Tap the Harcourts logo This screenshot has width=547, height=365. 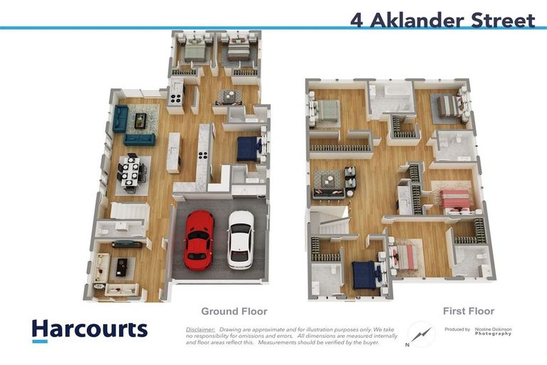(89, 329)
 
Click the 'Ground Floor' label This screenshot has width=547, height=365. (234, 311)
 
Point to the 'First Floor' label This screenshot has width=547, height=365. (468, 311)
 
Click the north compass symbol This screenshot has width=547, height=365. (421, 334)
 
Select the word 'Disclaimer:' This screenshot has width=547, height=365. (201, 329)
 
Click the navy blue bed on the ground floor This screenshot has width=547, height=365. (249, 148)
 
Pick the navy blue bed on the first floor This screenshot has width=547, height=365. (365, 274)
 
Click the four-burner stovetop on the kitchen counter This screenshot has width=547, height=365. (203, 155)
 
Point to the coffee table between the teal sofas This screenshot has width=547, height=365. (140, 120)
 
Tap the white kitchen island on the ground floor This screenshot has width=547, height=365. (174, 152)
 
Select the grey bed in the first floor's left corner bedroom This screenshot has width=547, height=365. (328, 110)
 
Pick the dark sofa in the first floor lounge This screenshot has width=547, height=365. (328, 182)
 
